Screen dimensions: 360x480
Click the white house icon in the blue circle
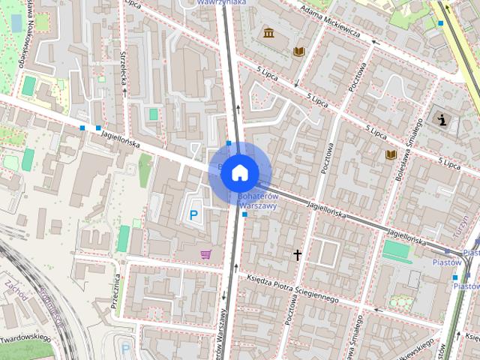coord(239,172)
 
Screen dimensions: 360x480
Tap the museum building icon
coord(268,34)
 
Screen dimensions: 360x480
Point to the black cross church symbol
coord(297,255)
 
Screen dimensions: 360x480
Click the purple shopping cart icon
coord(205,254)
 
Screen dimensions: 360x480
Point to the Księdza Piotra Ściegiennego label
coord(292,288)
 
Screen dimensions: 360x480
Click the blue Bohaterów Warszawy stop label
coord(257,201)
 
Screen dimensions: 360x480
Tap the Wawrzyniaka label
coord(221,3)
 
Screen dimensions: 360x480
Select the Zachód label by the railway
coord(15,293)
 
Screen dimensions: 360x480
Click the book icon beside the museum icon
coord(299,51)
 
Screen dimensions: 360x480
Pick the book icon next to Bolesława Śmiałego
coord(391,154)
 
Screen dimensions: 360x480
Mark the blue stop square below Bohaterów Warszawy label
coord(244,214)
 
